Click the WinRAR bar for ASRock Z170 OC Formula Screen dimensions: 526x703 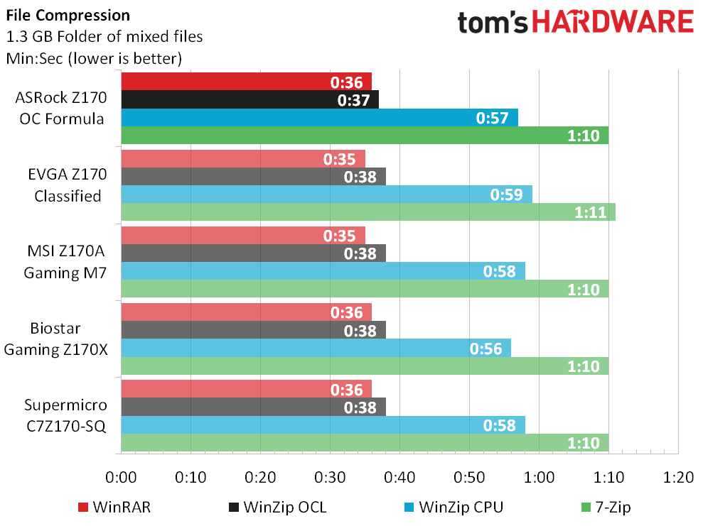(x=246, y=81)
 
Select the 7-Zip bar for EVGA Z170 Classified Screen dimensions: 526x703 (x=367, y=212)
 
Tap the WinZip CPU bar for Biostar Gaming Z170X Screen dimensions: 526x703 (x=316, y=348)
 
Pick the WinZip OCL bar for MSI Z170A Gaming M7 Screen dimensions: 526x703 (x=253, y=253)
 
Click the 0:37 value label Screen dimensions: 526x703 (x=353, y=99)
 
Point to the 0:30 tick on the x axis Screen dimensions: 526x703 (x=330, y=477)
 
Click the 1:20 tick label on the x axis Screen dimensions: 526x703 (x=678, y=477)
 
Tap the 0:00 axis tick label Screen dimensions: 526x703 (x=122, y=477)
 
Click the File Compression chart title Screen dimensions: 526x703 (x=68, y=15)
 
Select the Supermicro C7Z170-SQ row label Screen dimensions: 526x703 (x=66, y=415)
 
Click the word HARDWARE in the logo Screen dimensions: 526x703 (x=613, y=22)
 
